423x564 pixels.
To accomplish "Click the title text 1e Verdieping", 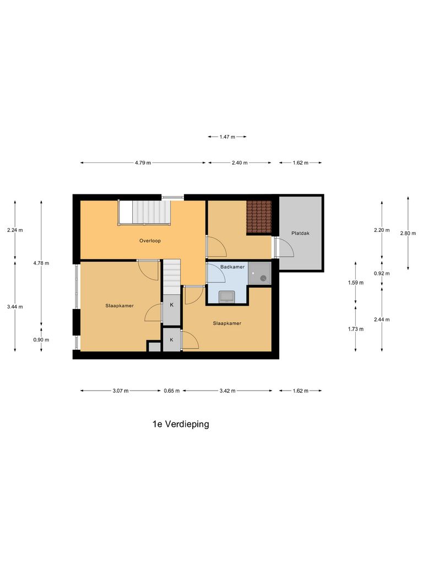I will (181, 424).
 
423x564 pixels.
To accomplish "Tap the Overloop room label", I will (150, 241).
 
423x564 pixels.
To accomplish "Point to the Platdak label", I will (301, 234).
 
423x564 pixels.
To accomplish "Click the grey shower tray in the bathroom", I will (259, 274).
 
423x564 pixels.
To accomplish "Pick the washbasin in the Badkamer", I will (226, 297).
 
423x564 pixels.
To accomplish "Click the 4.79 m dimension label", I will (143, 163).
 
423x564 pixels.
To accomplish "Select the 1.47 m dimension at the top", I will (227, 137).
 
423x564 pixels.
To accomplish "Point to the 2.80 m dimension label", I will (408, 233).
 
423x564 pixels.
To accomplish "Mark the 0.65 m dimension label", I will (172, 391).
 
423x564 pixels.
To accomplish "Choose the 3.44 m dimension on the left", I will (15, 307).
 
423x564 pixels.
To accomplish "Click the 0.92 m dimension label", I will (382, 273).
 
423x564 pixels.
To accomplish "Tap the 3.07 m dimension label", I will (121, 391).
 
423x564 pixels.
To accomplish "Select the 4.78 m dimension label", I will (41, 263).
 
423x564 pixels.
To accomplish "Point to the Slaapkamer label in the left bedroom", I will (120, 306).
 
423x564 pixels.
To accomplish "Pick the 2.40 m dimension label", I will (239, 163).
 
